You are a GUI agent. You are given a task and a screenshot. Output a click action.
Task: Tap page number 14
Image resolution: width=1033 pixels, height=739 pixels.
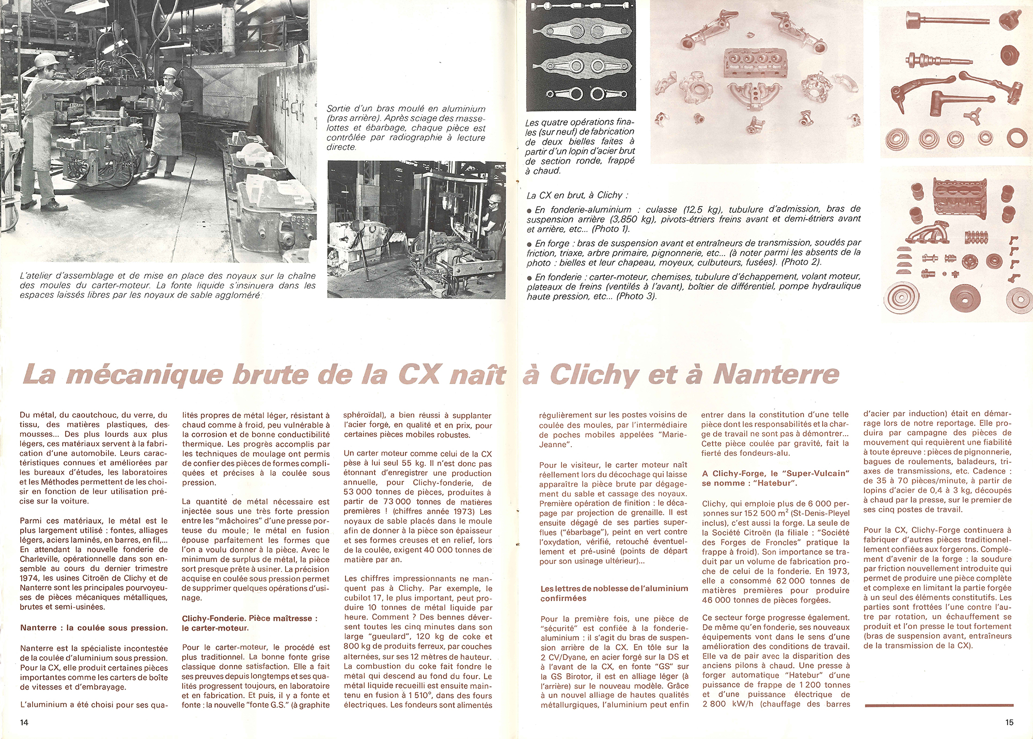24,722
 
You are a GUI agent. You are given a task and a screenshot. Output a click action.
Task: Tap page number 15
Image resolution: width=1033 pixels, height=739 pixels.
1009,722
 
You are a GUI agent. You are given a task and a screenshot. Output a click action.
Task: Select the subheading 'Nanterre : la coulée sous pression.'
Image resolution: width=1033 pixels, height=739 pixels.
94,628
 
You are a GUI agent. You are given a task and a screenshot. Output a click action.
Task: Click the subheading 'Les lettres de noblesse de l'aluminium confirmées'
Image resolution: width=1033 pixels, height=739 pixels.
614,593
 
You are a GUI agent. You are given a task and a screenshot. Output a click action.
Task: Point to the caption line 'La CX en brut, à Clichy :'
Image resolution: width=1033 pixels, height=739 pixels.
577,195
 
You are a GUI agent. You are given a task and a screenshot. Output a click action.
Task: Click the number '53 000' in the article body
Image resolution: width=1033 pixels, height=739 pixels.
361,492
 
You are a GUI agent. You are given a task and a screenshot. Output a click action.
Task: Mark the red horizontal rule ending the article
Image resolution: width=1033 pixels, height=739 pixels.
938,705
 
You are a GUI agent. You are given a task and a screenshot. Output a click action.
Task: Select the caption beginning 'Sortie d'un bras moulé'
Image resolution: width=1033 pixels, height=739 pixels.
406,128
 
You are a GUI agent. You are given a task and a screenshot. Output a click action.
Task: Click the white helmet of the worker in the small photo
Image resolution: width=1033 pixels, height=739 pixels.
495,198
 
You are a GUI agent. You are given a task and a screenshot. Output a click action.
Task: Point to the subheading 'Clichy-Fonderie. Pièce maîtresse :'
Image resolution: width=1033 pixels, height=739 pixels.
249,618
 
